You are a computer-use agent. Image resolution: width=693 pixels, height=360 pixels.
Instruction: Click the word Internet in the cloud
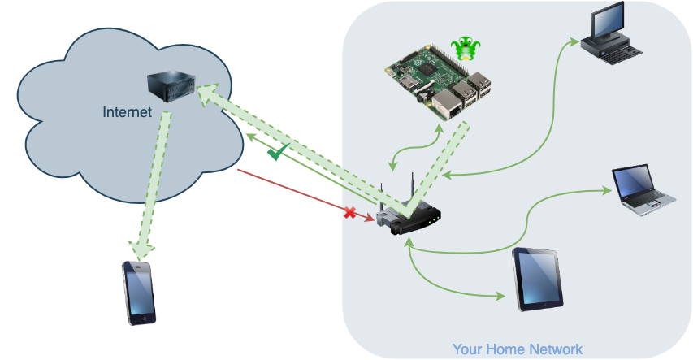128,112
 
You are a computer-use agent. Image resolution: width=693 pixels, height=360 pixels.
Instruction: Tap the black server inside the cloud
171,86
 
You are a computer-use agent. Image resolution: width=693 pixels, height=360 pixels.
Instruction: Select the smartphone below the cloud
139,293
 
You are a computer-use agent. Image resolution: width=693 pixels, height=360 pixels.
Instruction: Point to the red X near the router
349,213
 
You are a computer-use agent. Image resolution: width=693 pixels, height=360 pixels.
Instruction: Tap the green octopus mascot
466,49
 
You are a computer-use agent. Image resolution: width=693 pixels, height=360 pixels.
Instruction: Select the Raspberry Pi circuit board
438,82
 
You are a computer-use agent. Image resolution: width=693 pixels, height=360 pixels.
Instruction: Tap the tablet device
538,280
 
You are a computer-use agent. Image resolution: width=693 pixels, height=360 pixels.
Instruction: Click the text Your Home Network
518,349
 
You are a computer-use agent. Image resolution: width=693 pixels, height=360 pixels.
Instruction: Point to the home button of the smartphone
143,319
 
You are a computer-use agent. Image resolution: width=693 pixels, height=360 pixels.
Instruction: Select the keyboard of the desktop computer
620,54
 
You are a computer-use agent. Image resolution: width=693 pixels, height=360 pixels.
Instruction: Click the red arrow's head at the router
370,218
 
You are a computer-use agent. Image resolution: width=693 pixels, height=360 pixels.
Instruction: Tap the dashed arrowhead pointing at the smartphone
141,251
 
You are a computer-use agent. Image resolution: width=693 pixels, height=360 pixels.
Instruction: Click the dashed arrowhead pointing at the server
207,94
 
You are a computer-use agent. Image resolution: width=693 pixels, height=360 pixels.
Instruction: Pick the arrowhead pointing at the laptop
607,190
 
